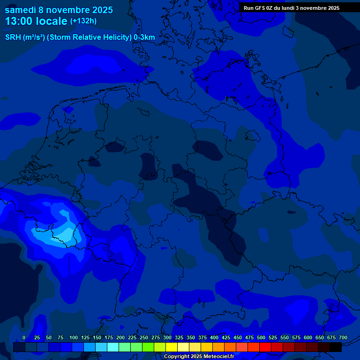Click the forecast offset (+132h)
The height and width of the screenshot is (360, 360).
[83, 21]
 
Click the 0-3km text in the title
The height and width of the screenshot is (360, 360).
[144, 37]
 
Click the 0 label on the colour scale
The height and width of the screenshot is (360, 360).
[24, 338]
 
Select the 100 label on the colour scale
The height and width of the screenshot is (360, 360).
[74, 338]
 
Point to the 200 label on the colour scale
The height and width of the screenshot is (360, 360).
[120, 338]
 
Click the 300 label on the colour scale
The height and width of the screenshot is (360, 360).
[167, 338]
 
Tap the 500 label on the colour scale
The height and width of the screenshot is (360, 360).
[261, 338]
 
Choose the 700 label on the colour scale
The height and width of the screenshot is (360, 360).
[343, 338]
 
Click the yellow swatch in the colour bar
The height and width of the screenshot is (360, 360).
[172, 347]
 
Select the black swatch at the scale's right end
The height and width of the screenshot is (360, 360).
[336, 347]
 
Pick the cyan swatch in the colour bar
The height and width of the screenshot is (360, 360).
[113, 347]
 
